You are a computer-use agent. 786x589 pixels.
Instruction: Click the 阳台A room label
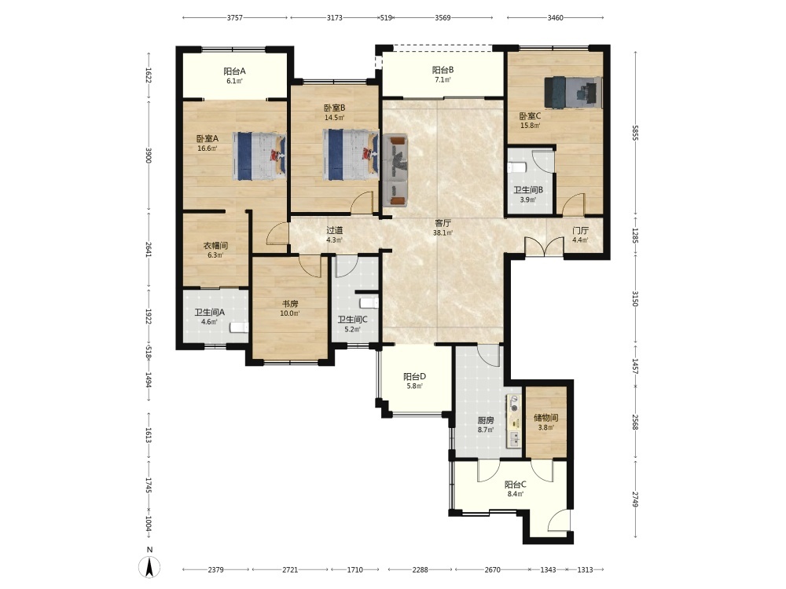(234, 71)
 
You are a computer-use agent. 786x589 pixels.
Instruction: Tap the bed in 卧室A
(259, 155)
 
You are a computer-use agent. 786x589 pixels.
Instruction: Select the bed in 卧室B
(350, 155)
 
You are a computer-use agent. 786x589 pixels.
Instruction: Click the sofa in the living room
(395, 170)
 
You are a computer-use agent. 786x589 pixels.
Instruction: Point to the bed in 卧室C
(574, 92)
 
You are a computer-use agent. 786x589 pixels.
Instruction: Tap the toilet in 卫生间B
(517, 167)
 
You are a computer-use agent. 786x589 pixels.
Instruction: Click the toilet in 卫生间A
(239, 328)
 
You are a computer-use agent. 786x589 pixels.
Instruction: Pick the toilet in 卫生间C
(369, 303)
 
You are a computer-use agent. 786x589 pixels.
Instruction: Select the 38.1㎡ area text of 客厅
(443, 233)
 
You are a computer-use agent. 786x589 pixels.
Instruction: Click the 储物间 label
(546, 418)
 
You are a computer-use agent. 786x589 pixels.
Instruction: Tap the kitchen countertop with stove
(513, 421)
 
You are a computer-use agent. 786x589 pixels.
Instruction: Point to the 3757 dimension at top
(234, 17)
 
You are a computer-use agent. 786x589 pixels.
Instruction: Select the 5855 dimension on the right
(634, 132)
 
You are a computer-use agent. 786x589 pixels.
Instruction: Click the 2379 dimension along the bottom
(215, 569)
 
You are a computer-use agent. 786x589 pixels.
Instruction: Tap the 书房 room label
(290, 303)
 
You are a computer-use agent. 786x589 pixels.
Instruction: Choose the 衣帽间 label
(215, 245)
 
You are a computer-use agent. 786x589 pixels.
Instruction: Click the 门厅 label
(581, 231)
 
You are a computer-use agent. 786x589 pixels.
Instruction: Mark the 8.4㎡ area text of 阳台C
(516, 494)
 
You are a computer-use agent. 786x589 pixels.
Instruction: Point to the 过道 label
(334, 230)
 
